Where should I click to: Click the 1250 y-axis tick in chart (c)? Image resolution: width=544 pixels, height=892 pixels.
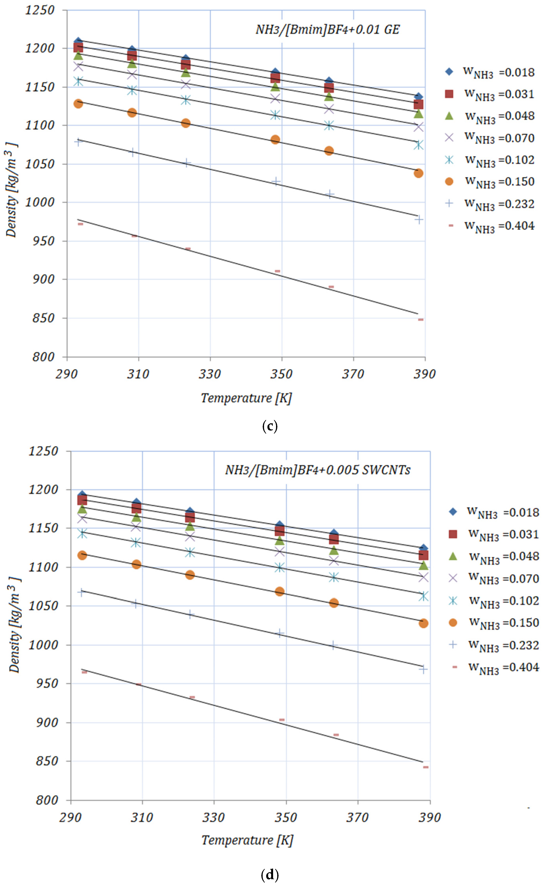(x=40, y=10)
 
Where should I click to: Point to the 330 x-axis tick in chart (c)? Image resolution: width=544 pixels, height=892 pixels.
(x=210, y=374)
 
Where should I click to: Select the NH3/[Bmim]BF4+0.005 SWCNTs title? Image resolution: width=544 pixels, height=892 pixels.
(x=318, y=470)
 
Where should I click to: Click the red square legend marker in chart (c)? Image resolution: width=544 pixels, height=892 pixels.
(x=449, y=94)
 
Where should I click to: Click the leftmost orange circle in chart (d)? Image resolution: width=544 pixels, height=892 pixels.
(x=82, y=555)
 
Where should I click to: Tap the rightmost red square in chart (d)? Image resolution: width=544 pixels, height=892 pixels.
(x=423, y=555)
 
